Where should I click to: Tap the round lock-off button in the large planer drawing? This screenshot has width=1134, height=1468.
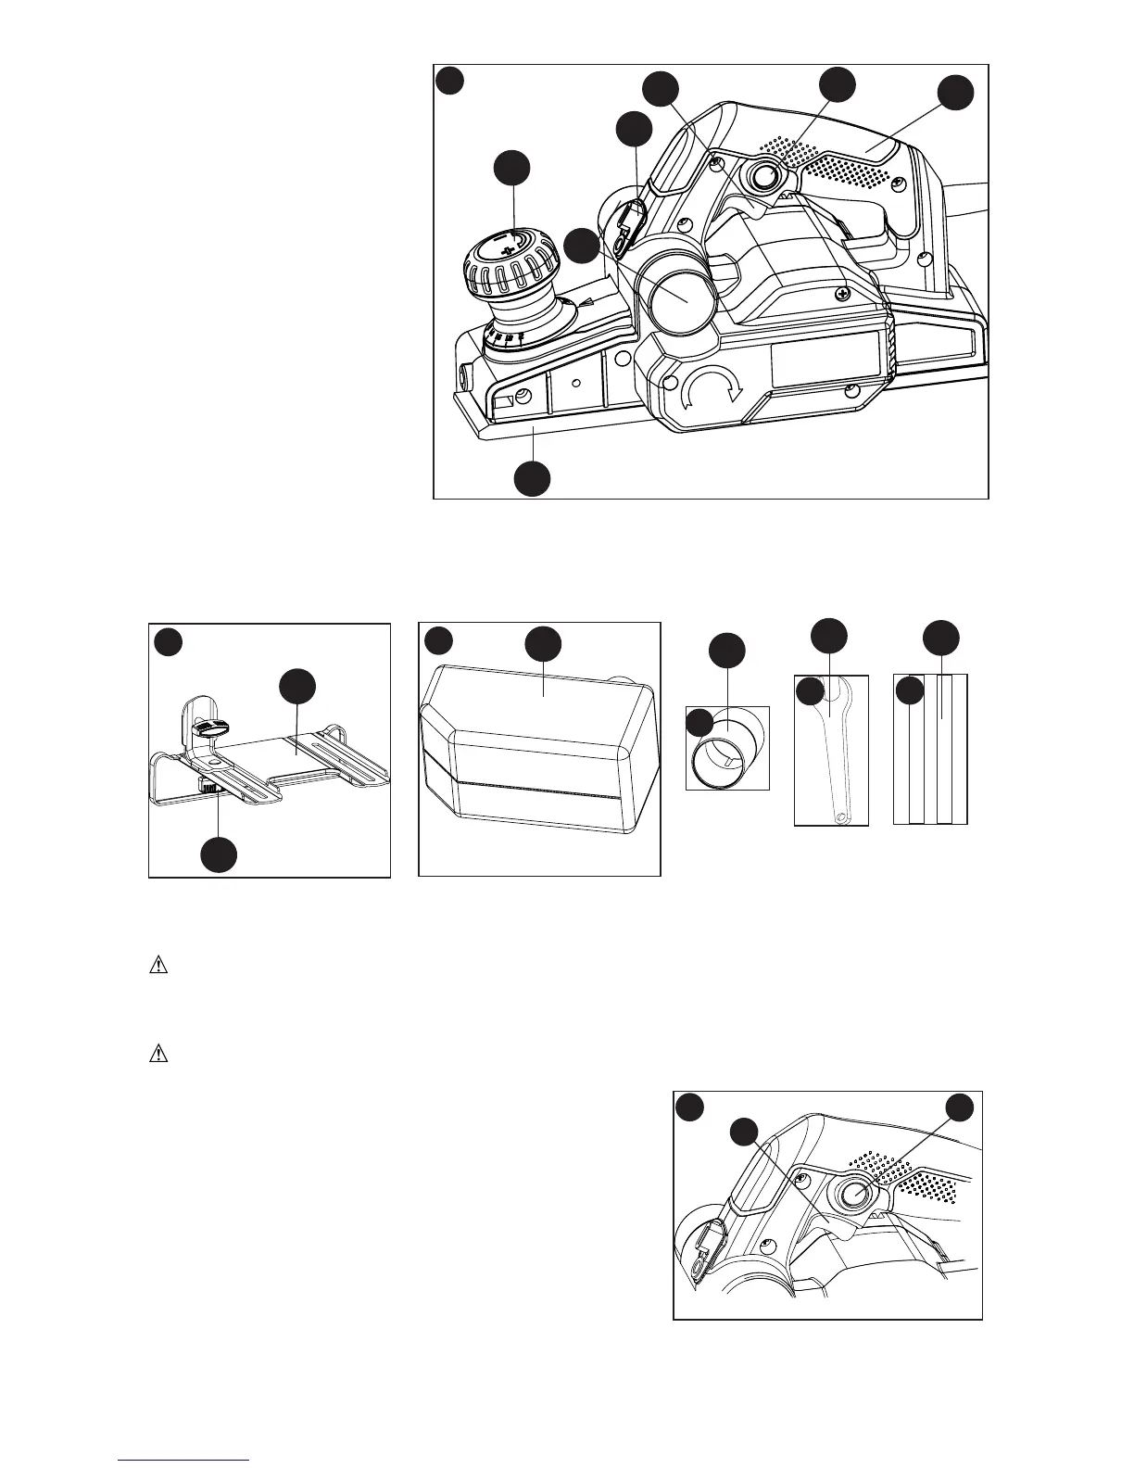pos(763,179)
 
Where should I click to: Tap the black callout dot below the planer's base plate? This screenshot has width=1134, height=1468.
pos(533,478)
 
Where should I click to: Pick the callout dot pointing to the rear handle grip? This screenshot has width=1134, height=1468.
pos(955,95)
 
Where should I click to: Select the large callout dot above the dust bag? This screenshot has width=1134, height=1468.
pos(543,645)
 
